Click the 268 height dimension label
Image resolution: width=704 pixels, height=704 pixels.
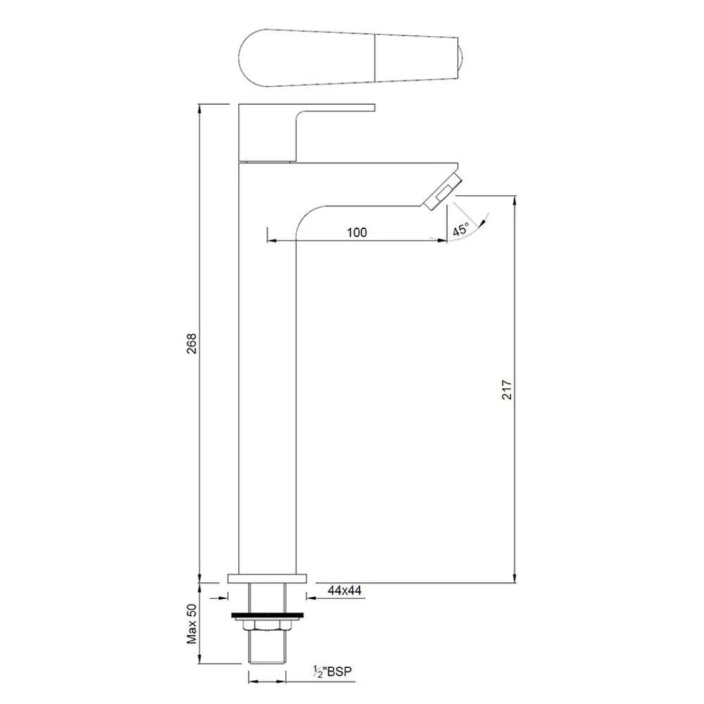pyautogui.click(x=190, y=344)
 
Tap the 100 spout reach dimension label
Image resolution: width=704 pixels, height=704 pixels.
pyautogui.click(x=357, y=232)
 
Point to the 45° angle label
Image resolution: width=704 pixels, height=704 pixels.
pyautogui.click(x=461, y=229)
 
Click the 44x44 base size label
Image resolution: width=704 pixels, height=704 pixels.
pyautogui.click(x=345, y=591)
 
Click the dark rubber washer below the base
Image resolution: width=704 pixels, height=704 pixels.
pyautogui.click(x=267, y=614)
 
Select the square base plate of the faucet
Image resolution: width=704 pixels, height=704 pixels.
pyautogui.click(x=267, y=578)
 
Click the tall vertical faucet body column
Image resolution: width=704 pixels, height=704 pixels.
pyautogui.click(x=267, y=391)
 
